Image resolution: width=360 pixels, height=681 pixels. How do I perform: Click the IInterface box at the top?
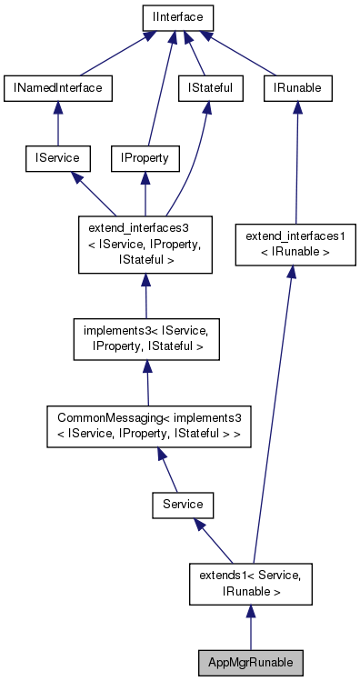tap(177, 16)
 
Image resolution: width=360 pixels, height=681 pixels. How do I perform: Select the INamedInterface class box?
tap(58, 87)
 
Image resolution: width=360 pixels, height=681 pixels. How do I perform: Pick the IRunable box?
tap(297, 87)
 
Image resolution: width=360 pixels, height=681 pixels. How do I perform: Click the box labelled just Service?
tap(182, 502)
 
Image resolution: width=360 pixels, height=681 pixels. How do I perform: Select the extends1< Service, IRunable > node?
tap(249, 584)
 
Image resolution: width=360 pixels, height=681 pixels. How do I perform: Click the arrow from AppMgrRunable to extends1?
tap(249, 627)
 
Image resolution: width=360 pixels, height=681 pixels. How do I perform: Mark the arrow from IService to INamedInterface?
tap(58, 123)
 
